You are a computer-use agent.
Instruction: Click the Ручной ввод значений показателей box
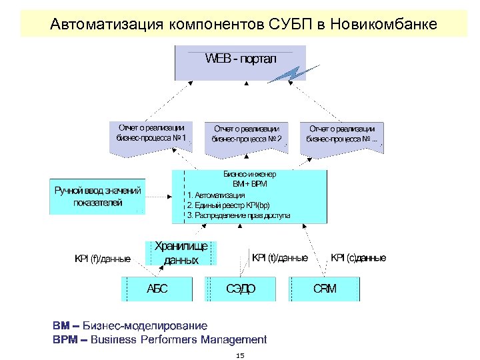click(98, 197)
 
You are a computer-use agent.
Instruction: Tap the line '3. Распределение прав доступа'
click(239, 216)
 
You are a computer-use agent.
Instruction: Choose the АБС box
click(157, 289)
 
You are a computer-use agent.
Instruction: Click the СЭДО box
click(241, 289)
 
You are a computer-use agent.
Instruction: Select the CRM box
click(325, 289)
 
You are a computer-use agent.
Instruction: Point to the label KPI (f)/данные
click(103, 259)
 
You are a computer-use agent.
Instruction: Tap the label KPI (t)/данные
click(279, 257)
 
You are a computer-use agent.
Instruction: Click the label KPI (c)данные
click(359, 257)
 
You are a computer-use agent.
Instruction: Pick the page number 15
click(240, 355)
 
